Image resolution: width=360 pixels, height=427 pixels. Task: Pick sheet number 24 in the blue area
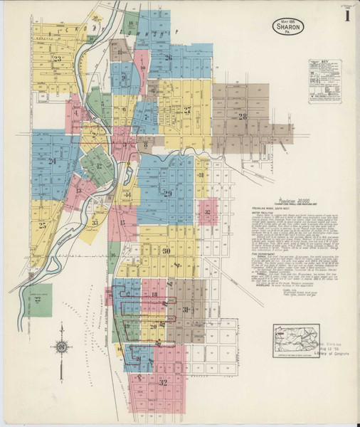pyautogui.click(x=52, y=162)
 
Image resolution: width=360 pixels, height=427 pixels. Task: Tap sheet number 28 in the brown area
pyautogui.click(x=242, y=116)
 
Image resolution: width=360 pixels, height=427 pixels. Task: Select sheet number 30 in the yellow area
pyautogui.click(x=165, y=251)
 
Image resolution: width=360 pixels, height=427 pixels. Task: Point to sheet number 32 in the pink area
pyautogui.click(x=163, y=382)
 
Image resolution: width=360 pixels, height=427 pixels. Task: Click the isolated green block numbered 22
pyautogui.click(x=36, y=300)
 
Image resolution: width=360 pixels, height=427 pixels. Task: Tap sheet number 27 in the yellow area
pyautogui.click(x=186, y=110)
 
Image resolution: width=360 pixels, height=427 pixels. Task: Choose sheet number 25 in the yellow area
pyautogui.click(x=43, y=226)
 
